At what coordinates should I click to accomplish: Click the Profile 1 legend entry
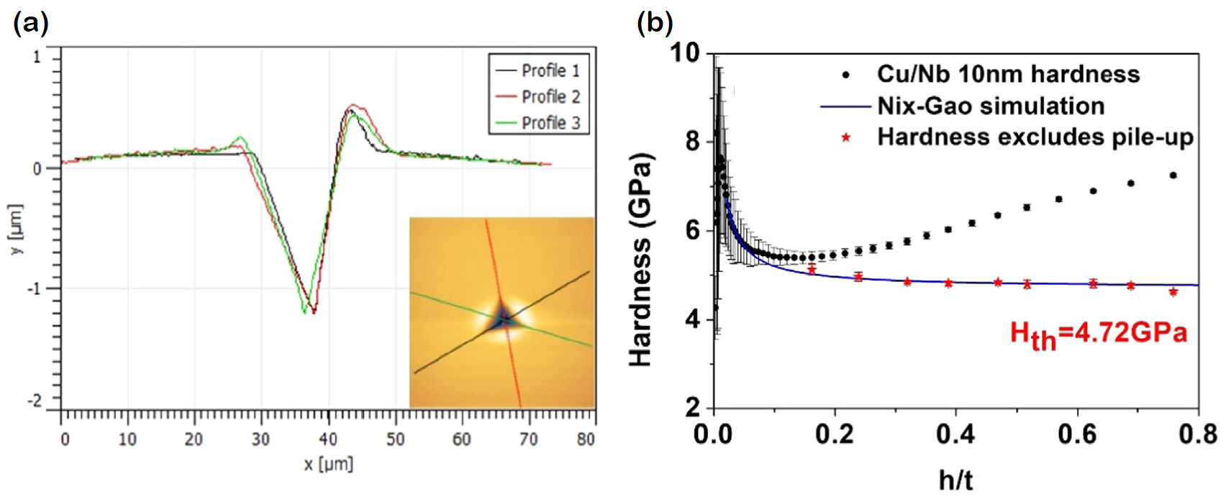[550, 70]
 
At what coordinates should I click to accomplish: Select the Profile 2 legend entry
[550, 96]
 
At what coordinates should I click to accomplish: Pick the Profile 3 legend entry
[550, 123]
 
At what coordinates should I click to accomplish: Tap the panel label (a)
[31, 23]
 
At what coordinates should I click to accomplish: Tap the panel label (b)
[655, 23]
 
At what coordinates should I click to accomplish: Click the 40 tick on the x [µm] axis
[328, 439]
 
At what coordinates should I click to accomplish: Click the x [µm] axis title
[328, 464]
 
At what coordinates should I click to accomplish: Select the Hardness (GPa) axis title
[640, 259]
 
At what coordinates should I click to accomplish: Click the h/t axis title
[955, 479]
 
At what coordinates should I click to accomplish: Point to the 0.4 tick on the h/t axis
[955, 434]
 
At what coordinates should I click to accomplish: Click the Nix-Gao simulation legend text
[990, 106]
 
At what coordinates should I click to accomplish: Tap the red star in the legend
[846, 137]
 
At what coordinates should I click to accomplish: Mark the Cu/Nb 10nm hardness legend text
[1007, 74]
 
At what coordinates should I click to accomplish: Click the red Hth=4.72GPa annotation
[1098, 334]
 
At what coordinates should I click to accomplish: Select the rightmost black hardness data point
[1173, 175]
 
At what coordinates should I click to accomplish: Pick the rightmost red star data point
[1173, 292]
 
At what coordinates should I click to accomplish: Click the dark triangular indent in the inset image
[503, 317]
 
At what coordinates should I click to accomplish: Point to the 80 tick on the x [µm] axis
[586, 439]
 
